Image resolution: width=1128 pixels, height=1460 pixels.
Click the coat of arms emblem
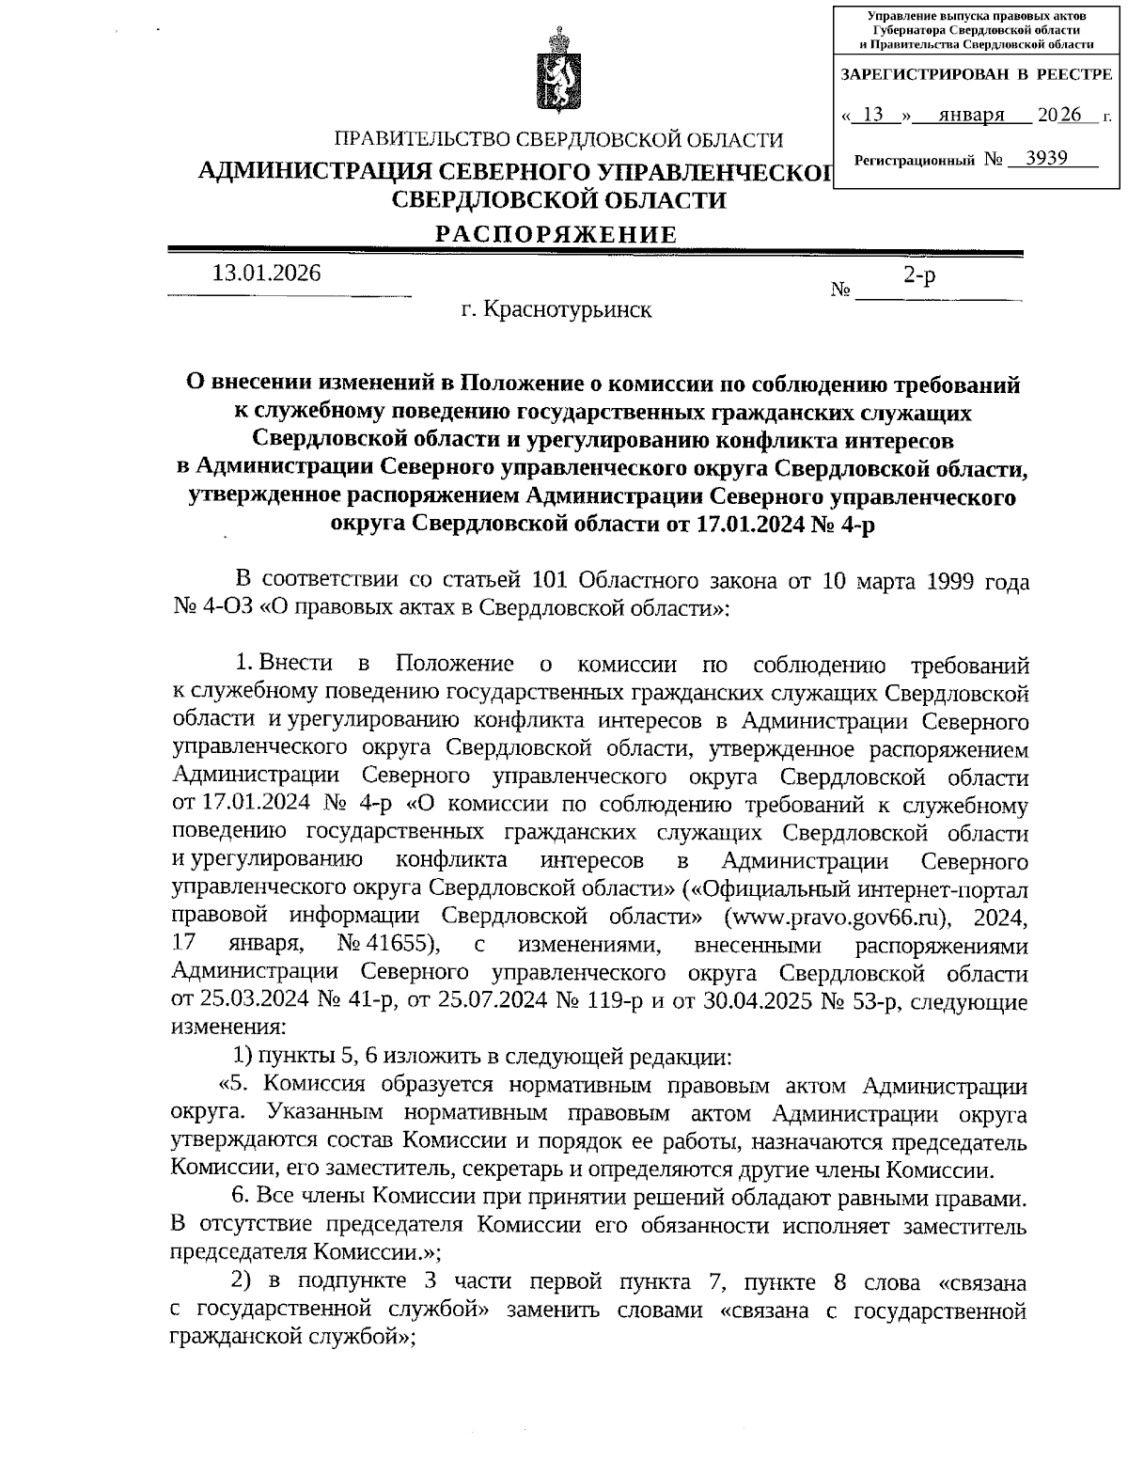(558, 72)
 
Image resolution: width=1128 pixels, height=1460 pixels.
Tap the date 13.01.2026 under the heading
(267, 274)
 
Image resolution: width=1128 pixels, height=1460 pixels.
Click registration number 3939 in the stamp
(1046, 158)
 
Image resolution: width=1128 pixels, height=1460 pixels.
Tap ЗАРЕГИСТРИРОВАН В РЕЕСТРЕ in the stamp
(975, 73)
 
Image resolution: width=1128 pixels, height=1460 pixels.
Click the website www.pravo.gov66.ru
(838, 917)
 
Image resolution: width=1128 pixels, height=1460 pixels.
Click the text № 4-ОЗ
(212, 608)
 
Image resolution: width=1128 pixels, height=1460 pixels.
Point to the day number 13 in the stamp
(872, 116)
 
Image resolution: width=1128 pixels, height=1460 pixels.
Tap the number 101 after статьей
(551, 580)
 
